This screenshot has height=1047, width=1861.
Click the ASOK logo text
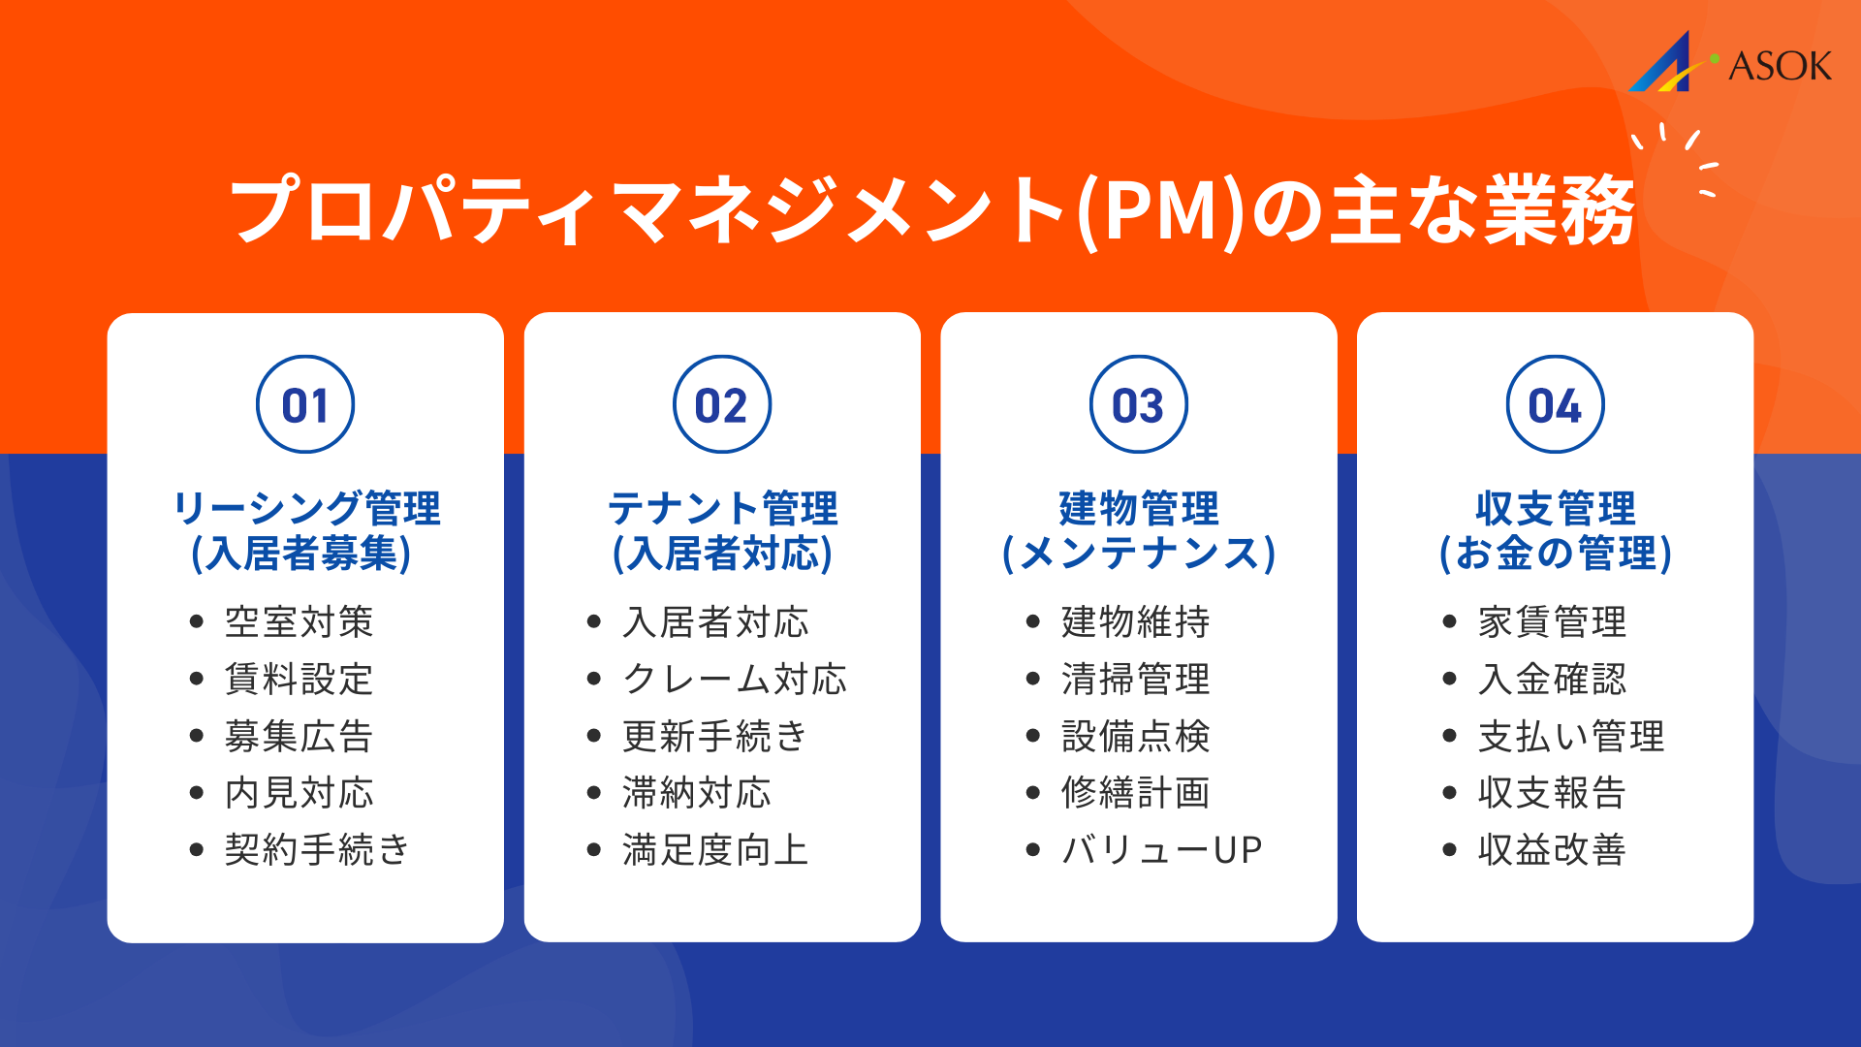click(1780, 66)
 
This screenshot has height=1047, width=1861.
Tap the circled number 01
click(305, 405)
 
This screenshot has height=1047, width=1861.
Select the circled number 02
click(722, 405)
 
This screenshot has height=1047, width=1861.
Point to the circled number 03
click(1139, 405)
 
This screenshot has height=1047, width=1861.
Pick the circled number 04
click(1556, 405)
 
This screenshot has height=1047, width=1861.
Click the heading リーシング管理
click(306, 508)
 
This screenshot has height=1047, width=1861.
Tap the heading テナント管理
click(722, 508)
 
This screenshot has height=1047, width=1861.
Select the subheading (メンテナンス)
click(1139, 554)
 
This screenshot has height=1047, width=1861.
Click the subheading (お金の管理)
click(1556, 554)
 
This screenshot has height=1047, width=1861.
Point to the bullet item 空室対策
click(300, 622)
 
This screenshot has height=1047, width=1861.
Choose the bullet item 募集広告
click(300, 737)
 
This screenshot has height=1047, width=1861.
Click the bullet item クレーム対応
click(735, 680)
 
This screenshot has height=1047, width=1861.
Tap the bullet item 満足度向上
click(715, 850)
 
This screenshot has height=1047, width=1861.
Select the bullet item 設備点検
click(1136, 737)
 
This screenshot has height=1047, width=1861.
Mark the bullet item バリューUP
click(1162, 850)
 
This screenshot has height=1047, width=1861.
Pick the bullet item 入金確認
click(1552, 680)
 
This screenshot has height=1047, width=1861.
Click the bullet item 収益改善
click(1552, 850)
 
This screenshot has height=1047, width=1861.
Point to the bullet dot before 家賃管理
click(1449, 622)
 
